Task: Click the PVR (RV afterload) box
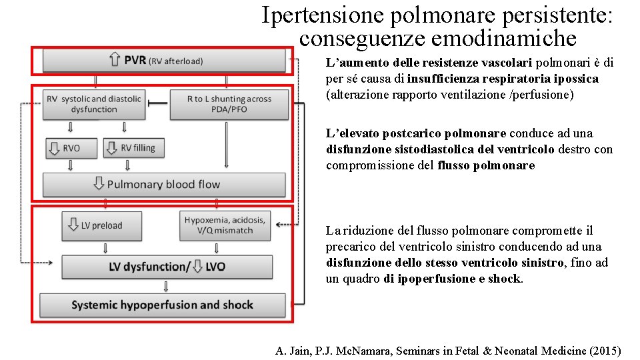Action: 163,61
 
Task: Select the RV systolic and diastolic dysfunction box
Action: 94,104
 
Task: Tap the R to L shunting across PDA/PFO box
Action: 229,104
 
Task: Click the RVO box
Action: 71,148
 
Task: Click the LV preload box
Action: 101,225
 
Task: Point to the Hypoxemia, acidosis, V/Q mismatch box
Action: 225,225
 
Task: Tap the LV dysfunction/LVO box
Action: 167,267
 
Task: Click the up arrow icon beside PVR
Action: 115,61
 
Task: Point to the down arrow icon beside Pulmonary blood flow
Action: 99,184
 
